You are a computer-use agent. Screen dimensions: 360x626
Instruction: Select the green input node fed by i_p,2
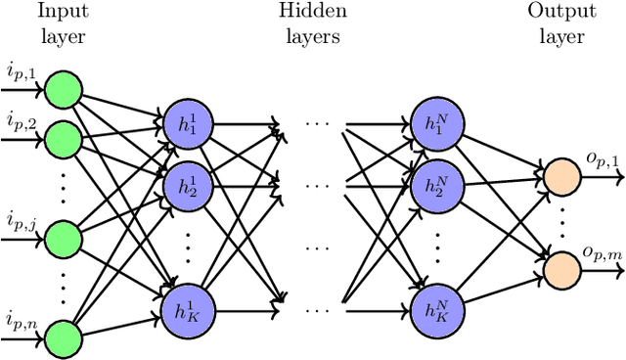click(x=64, y=138)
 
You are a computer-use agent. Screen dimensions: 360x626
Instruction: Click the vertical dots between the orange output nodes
click(x=561, y=208)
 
